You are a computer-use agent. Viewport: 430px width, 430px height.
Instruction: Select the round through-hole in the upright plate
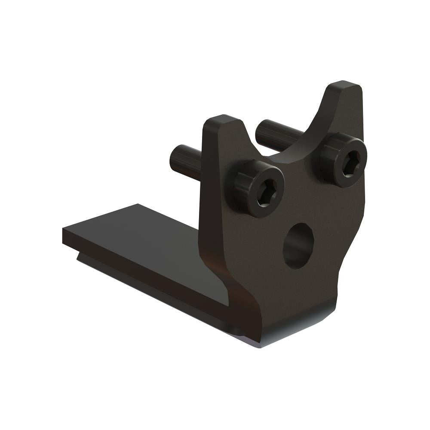click(298, 245)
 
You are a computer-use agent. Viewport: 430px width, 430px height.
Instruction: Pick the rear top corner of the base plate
click(138, 205)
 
